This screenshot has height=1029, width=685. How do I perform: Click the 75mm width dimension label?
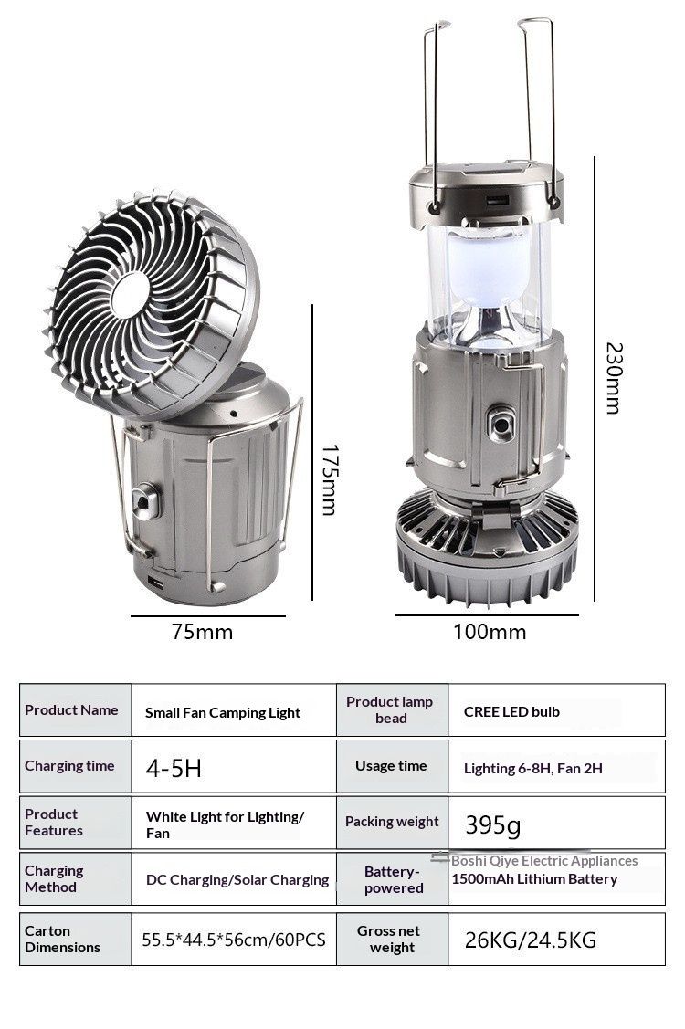coord(202,632)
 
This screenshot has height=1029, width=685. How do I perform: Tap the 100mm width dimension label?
coord(490,632)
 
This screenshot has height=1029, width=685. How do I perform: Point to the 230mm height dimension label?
coord(614,378)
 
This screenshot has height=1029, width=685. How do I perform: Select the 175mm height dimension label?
coord(331,479)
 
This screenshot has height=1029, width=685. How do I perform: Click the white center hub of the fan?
coord(130,294)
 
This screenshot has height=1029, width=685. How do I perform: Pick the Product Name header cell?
coord(75,710)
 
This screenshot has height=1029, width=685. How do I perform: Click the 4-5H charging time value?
coord(174,768)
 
